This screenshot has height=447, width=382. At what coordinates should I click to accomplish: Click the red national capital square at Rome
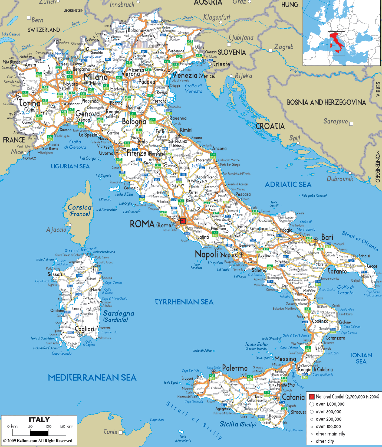[x=183, y=221]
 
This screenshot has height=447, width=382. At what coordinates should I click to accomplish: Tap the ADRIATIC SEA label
[x=288, y=185]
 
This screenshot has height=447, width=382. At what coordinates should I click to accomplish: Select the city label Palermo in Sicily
[x=235, y=368]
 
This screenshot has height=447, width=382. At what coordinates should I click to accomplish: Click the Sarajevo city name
[x=335, y=121]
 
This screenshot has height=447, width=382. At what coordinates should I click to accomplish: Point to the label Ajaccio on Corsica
[x=56, y=230]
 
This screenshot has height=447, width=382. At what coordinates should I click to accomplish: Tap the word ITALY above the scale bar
[x=39, y=420]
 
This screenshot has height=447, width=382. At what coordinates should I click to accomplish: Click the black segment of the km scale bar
[x=39, y=433]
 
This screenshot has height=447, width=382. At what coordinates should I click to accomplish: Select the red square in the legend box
[x=311, y=397]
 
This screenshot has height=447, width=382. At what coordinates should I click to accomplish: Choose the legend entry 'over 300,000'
[x=328, y=412]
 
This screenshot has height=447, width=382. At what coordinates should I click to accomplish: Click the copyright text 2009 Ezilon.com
[x=38, y=441]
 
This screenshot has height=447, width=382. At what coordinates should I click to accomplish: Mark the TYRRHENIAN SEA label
[x=184, y=302]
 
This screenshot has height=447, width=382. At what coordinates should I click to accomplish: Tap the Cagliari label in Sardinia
[x=84, y=329]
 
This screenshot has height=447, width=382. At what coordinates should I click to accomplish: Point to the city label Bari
[x=327, y=237]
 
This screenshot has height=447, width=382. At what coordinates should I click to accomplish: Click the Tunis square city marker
[x=121, y=432]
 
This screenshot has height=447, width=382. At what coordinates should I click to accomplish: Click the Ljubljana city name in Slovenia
[x=241, y=38]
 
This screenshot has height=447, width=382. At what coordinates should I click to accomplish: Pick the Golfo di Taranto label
[x=345, y=290]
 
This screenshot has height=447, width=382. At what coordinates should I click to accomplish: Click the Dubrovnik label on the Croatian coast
[x=340, y=179]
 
